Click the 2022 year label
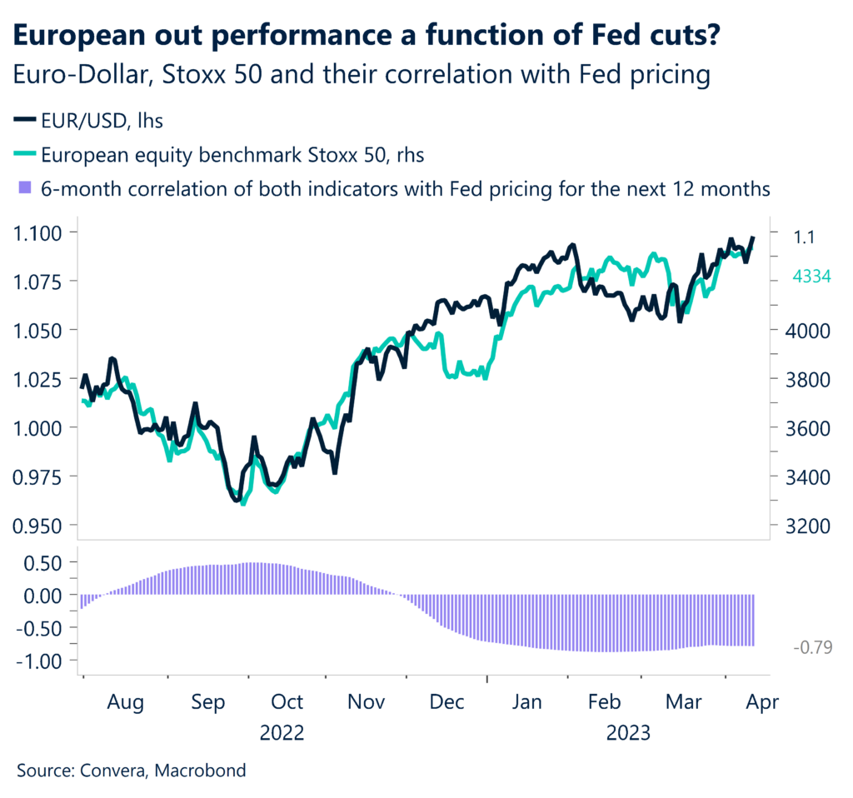click(282, 733)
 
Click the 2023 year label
click(629, 733)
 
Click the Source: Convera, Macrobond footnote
click(132, 771)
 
